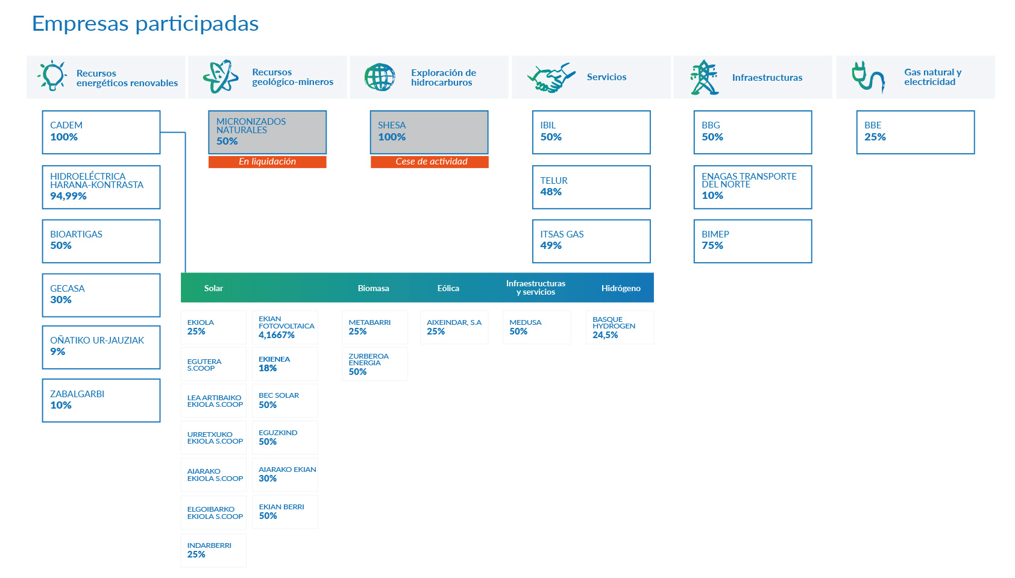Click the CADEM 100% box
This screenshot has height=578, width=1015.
pos(101,132)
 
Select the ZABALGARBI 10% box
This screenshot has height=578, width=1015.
pos(101,400)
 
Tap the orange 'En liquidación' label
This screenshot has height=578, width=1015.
pos(267,162)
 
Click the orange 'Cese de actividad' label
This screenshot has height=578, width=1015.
pos(429,162)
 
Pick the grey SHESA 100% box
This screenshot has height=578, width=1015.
pos(429,132)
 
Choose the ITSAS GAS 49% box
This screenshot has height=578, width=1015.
pos(591,241)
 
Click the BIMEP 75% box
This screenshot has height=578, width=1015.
pos(752,241)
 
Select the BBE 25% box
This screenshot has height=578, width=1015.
pos(915,132)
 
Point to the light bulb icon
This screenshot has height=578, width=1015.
pos(52,76)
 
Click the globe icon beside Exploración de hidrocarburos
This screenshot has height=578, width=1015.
pos(380,77)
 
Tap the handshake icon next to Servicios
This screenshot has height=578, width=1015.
pos(551,78)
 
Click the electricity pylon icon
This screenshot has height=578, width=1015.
pos(704,77)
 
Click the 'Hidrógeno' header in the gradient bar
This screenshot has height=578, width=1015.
pos(621,288)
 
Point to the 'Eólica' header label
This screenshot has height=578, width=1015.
pos(448,288)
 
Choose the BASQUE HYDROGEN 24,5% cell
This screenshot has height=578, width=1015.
pos(620,327)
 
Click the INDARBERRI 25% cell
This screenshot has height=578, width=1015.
pos(213,550)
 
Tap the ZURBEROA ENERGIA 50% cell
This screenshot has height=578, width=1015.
pos(374,364)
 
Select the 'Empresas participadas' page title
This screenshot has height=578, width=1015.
pos(145,24)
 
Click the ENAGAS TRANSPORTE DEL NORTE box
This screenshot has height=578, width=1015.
pos(752,187)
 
